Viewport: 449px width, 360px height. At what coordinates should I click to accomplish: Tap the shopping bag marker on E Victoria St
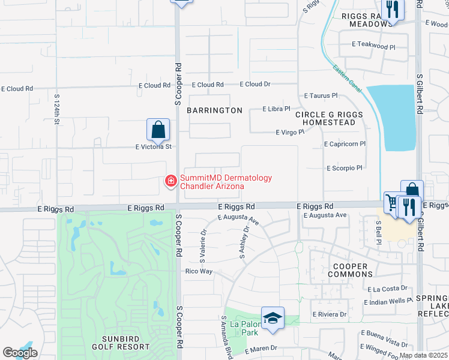[x=158, y=129]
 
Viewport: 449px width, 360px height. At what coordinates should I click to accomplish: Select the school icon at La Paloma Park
[x=273, y=317]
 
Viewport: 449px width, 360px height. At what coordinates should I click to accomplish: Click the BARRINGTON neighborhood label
[x=214, y=110]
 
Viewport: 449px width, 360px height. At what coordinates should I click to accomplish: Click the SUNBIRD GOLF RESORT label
[x=121, y=342]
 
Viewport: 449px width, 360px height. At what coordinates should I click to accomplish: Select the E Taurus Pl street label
[x=321, y=95]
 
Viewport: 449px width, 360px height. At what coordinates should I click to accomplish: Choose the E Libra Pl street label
[x=277, y=109]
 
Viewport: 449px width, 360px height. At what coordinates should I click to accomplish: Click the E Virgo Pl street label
[x=290, y=132]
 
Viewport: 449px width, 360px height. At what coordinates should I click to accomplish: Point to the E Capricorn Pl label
[x=345, y=144]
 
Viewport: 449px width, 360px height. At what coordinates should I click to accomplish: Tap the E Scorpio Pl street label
[x=345, y=169]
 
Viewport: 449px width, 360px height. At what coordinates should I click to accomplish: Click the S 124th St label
[x=57, y=109]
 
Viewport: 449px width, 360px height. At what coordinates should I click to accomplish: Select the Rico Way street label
[x=199, y=271]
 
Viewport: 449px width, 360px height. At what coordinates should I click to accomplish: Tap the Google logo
[x=20, y=353]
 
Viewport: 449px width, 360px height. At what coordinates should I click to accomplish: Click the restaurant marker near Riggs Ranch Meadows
[x=393, y=10]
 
